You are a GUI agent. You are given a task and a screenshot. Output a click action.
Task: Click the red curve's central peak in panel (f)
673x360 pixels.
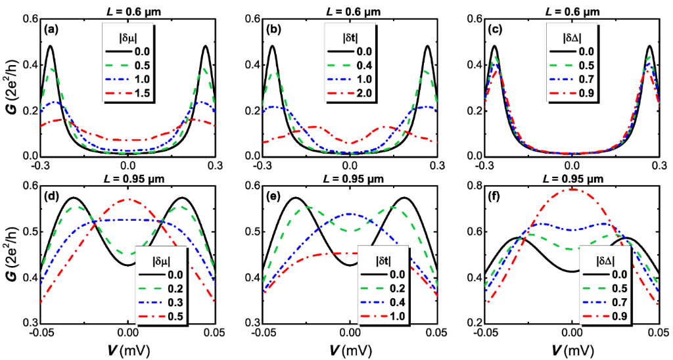click(x=573, y=189)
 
